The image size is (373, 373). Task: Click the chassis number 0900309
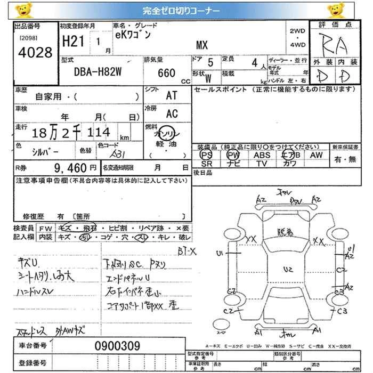[117, 346]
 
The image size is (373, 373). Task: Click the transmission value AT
[172, 95]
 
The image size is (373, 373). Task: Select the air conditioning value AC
[172, 113]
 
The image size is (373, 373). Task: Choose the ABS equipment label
[262, 155]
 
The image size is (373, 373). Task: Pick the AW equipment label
[316, 155]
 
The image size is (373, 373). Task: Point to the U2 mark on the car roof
[288, 270]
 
